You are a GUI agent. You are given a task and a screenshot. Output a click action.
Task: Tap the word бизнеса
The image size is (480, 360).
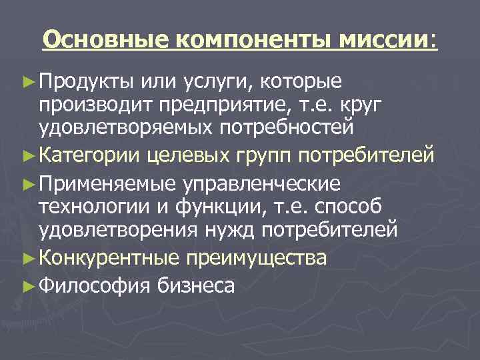coord(196,285)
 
